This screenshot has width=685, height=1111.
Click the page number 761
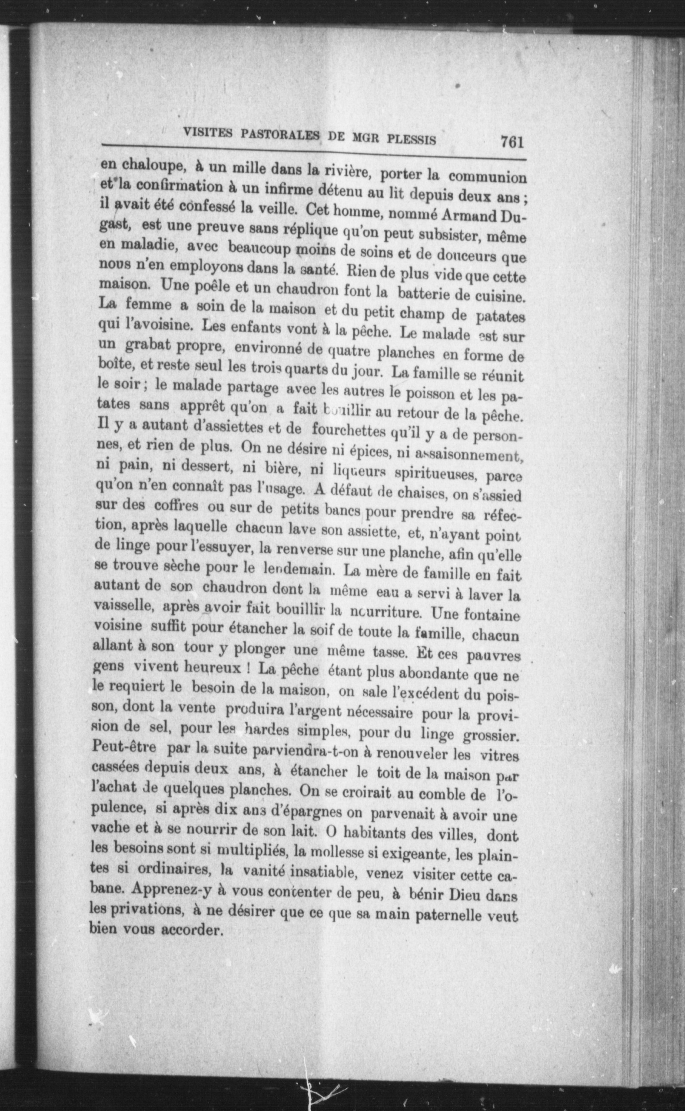(x=512, y=142)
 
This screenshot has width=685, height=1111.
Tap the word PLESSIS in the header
(x=411, y=138)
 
